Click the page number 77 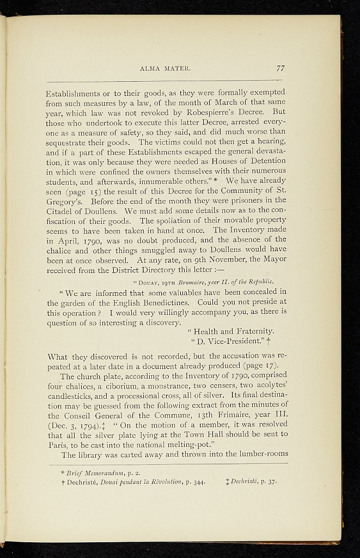pos(280,69)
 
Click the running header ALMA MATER pos(165,69)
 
